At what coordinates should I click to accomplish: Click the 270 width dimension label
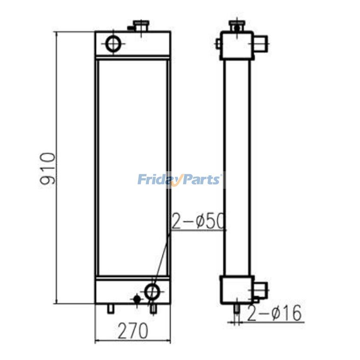click(132, 330)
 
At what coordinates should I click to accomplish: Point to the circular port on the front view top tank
click(113, 44)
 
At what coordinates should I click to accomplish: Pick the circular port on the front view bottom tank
click(152, 291)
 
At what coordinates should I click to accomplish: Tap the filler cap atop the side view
click(236, 26)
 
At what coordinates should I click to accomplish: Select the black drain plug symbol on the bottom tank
click(137, 299)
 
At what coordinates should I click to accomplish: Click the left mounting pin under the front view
click(111, 308)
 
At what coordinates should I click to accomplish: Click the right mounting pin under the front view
click(153, 308)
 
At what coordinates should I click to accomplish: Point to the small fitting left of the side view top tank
click(218, 43)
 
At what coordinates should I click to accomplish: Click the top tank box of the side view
click(237, 46)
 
